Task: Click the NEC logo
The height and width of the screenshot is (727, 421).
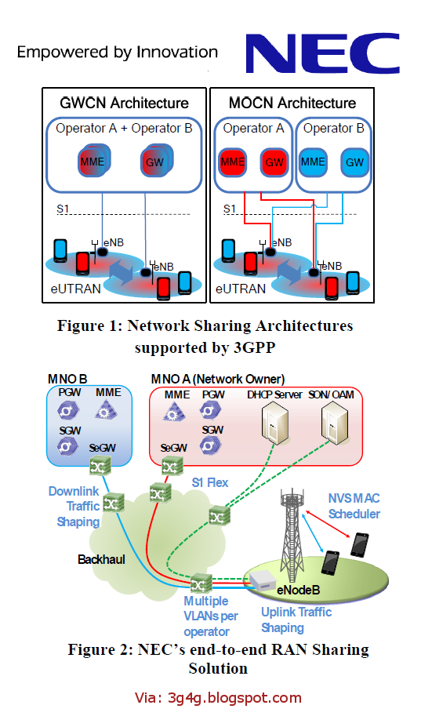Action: click(x=321, y=53)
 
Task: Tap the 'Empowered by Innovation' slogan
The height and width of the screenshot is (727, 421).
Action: click(x=118, y=53)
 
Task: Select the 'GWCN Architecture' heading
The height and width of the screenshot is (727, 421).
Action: click(x=125, y=104)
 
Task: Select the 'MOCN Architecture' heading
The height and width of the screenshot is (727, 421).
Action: click(x=292, y=104)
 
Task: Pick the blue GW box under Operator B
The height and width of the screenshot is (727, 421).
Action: click(x=354, y=162)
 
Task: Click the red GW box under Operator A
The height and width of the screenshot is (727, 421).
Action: click(x=274, y=162)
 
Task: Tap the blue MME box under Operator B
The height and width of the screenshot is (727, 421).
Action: click(x=313, y=162)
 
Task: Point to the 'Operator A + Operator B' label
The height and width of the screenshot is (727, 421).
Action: click(x=124, y=129)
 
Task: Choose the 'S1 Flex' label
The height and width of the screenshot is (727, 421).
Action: click(x=210, y=482)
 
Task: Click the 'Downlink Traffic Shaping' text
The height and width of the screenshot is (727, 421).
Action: click(x=74, y=506)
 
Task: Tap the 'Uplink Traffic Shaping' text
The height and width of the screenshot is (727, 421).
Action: click(x=296, y=620)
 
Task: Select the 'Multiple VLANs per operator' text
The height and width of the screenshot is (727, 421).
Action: click(x=207, y=616)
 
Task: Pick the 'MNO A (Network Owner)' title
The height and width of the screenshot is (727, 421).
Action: click(x=217, y=379)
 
